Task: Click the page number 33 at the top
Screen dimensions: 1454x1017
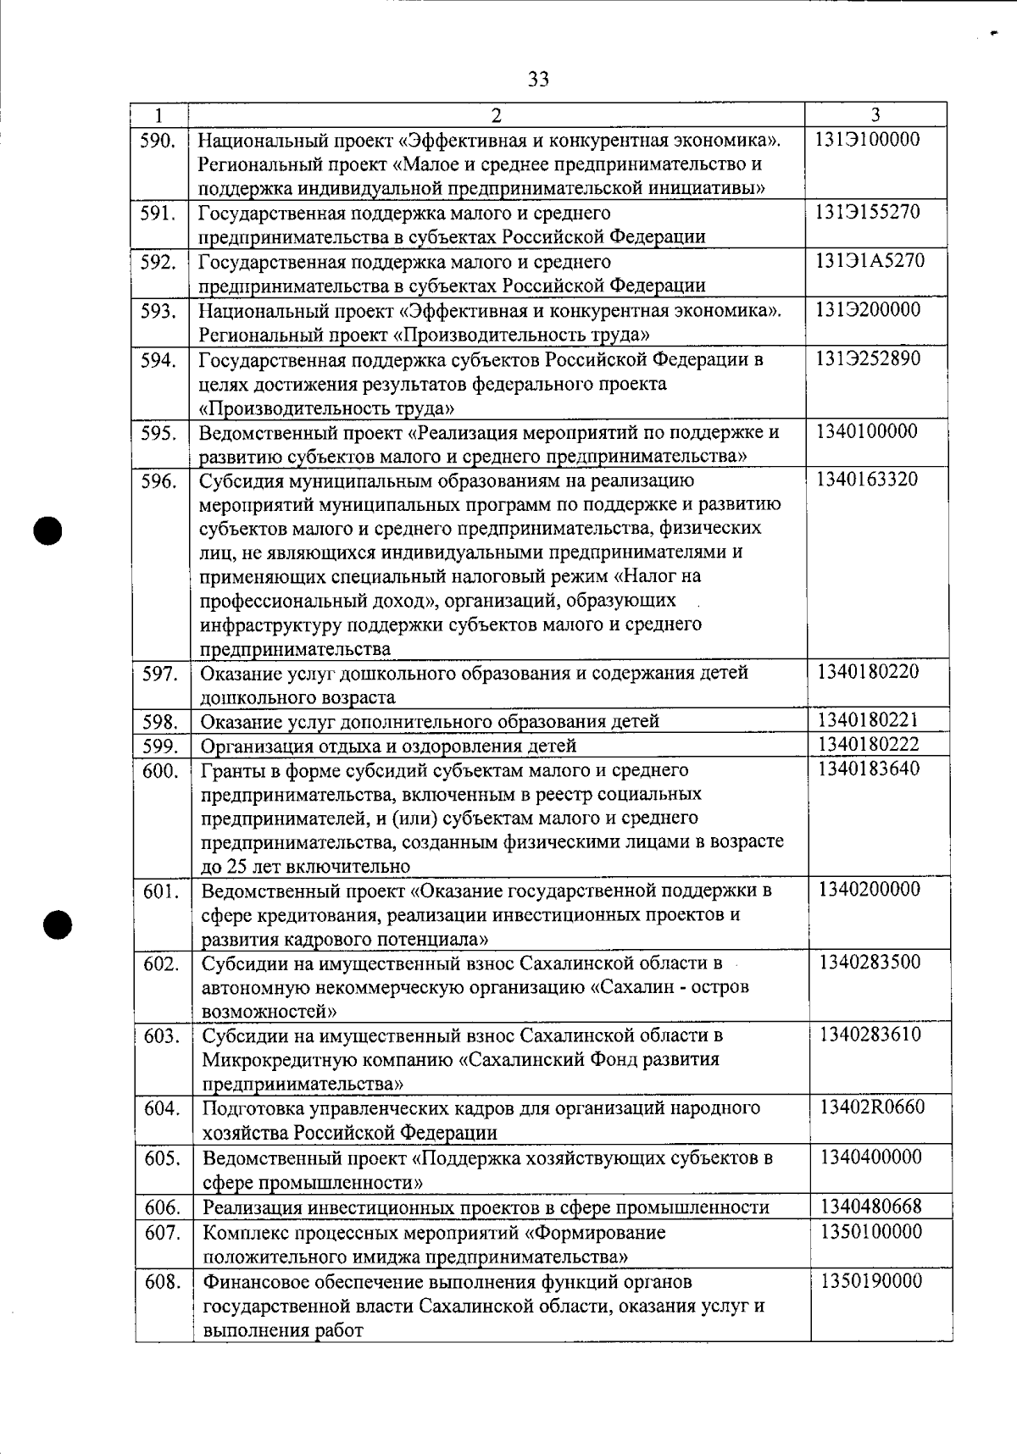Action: tap(538, 80)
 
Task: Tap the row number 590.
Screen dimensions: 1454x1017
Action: tap(158, 140)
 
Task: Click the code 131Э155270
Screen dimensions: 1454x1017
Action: tap(868, 212)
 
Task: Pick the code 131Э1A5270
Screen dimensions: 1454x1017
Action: tap(870, 261)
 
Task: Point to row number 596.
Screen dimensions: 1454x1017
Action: tap(158, 481)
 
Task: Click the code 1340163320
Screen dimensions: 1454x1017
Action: tap(867, 480)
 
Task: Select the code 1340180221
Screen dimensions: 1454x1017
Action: tap(868, 721)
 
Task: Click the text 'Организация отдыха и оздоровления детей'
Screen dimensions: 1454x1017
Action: tap(388, 746)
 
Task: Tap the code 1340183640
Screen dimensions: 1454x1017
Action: tap(869, 769)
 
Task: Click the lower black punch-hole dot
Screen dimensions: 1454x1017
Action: tap(59, 923)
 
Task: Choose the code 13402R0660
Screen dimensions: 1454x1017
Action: tap(872, 1107)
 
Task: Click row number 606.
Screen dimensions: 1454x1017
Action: tap(162, 1207)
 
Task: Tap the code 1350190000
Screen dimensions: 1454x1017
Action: tap(871, 1280)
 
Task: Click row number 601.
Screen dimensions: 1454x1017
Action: tap(161, 891)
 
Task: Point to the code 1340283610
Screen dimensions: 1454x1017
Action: tap(870, 1035)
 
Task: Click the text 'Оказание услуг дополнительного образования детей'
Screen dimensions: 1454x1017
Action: tap(430, 722)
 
